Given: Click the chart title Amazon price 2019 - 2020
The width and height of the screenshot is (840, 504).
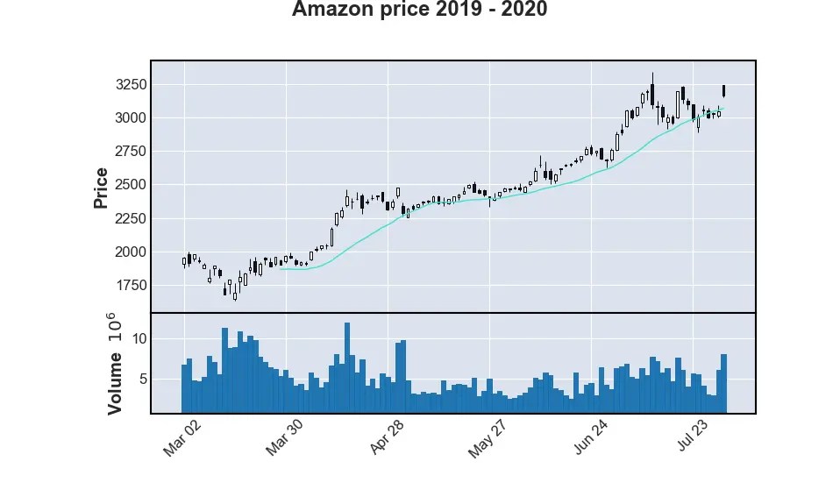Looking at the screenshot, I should [x=419, y=11].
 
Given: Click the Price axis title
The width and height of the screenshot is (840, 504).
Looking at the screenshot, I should [x=101, y=188].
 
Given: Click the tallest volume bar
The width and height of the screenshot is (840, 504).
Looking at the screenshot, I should [x=347, y=368].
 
